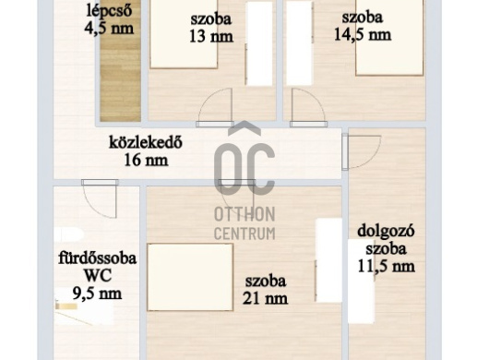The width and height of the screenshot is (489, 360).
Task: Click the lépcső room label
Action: [109, 10]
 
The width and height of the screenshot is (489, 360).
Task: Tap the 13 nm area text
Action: [211, 37]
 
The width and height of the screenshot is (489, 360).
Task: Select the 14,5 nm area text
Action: [363, 34]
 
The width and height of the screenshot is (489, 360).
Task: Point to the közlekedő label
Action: [146, 142]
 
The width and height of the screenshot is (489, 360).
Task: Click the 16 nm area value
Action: [147, 161]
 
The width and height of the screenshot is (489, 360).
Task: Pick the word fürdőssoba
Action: [98, 258]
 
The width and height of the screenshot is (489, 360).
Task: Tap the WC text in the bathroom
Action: [98, 276]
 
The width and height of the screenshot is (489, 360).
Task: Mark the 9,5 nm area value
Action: [97, 294]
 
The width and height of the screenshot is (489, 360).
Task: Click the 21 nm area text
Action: [265, 298]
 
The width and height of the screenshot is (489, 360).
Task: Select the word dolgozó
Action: [386, 233]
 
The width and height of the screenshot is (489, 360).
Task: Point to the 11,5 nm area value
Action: [386, 267]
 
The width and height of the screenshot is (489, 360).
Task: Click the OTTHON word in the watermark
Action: [244, 214]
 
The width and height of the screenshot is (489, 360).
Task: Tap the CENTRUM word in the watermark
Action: [244, 233]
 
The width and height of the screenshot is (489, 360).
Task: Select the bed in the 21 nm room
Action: [190, 277]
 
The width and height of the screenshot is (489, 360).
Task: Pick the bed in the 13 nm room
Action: [184, 33]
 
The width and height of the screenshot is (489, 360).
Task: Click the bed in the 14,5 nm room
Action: [389, 38]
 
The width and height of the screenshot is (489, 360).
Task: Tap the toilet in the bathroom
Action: [68, 234]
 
